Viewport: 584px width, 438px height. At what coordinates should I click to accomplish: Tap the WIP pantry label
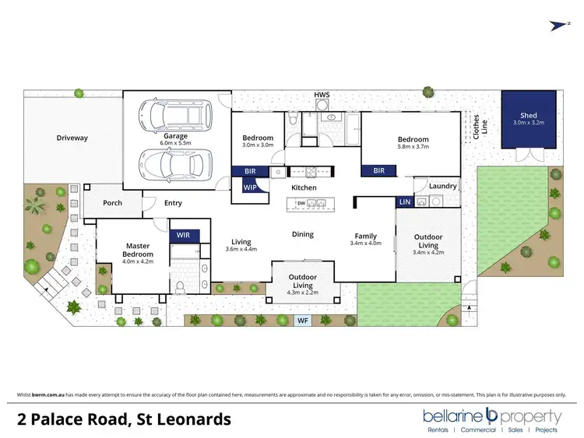[x=251, y=187]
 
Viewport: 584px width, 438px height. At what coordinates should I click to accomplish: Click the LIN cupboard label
[x=405, y=201]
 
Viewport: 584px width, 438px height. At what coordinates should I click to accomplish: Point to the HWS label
[x=322, y=95]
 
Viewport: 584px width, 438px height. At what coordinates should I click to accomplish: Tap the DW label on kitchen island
[x=300, y=204]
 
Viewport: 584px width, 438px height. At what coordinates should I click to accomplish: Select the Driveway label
[x=72, y=138]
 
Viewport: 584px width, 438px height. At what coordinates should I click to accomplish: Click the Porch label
[x=113, y=203]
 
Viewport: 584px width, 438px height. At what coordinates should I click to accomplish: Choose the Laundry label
[x=442, y=187]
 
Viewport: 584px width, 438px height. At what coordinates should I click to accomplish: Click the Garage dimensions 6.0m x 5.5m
[x=175, y=143]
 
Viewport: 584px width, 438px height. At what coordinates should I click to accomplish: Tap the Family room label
[x=366, y=236]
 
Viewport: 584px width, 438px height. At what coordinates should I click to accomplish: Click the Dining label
[x=303, y=234]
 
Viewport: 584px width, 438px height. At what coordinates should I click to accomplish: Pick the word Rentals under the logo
[x=441, y=429]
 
